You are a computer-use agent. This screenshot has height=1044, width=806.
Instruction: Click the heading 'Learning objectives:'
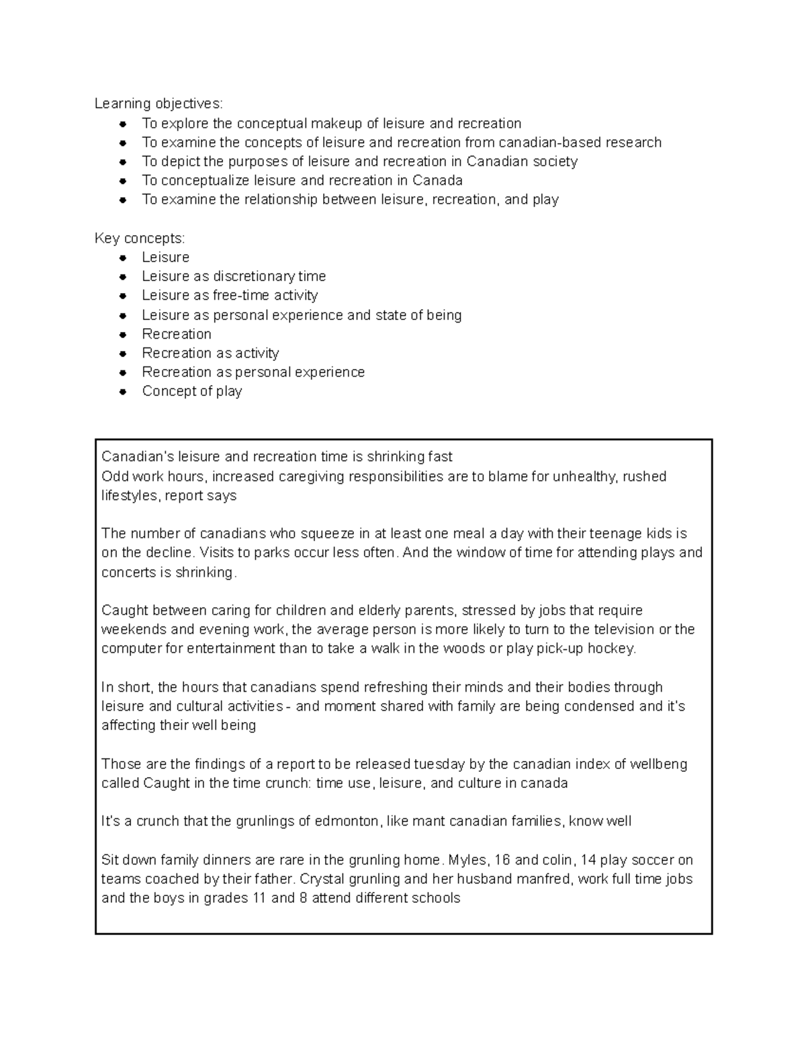[158, 104]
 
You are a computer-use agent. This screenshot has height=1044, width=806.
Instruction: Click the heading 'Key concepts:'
[140, 239]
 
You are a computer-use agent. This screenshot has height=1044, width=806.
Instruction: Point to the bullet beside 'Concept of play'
[122, 392]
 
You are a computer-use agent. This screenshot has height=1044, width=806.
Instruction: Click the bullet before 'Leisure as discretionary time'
[122, 277]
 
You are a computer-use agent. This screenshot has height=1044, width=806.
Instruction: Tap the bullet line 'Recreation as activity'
[210, 353]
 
